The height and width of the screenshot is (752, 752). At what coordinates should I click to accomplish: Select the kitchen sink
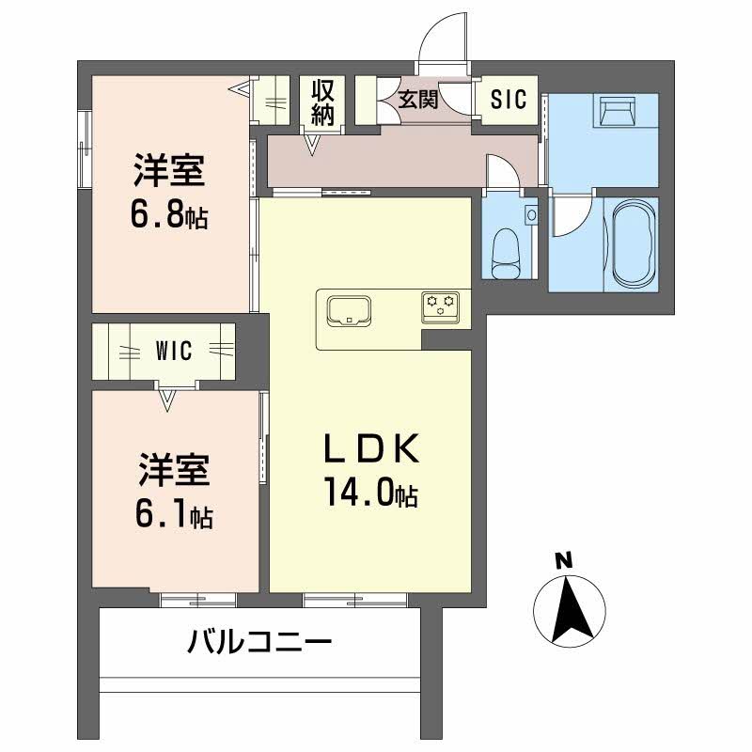point(349,309)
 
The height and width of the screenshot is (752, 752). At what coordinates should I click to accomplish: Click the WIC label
point(173,352)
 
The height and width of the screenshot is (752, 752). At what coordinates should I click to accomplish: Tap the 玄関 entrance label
point(418,99)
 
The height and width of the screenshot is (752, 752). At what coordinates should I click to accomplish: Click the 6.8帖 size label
point(169,217)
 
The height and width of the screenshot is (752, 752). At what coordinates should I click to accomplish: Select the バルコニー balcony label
point(259,644)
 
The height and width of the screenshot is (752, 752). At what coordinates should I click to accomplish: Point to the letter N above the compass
point(563,562)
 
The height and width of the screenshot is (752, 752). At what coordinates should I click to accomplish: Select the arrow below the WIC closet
point(168,402)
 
